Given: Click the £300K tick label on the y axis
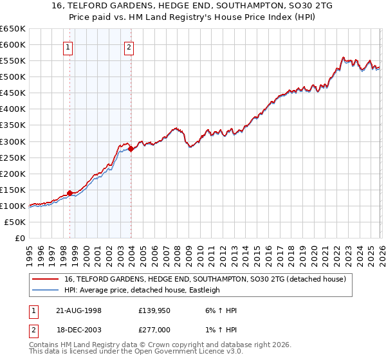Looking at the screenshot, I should (x=13, y=141).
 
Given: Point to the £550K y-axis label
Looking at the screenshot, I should (x=13, y=61).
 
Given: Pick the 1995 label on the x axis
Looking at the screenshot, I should (x=29, y=251).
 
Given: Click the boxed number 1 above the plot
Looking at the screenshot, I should (x=68, y=46).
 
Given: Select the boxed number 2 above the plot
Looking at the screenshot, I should (x=129, y=46).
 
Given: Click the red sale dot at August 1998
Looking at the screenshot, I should (x=70, y=192).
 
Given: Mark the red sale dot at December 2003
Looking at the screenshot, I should (x=131, y=148).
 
